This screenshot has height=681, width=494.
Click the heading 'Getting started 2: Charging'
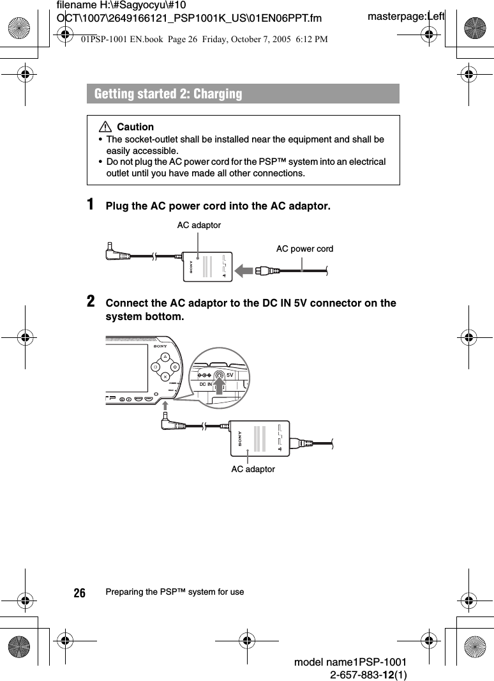pyautogui.click(x=168, y=94)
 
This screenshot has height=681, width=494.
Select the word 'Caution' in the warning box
pyautogui.click(x=135, y=127)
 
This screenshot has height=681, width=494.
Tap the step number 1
pyautogui.click(x=92, y=205)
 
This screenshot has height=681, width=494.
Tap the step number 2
pyautogui.click(x=92, y=301)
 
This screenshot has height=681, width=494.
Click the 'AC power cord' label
pyautogui.click(x=304, y=249)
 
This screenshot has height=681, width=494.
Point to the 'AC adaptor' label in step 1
pyautogui.click(x=198, y=225)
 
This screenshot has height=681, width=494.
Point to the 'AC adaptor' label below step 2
pyautogui.click(x=253, y=469)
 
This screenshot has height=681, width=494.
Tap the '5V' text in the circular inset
pyautogui.click(x=231, y=374)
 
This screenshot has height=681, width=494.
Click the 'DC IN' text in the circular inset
pyautogui.click(x=206, y=385)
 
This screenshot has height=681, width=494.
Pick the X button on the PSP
pyautogui.click(x=164, y=377)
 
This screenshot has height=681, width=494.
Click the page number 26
pyautogui.click(x=79, y=593)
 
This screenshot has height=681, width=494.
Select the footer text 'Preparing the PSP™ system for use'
pyautogui.click(x=175, y=592)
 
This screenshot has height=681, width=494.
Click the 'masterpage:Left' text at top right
pyautogui.click(x=406, y=16)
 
